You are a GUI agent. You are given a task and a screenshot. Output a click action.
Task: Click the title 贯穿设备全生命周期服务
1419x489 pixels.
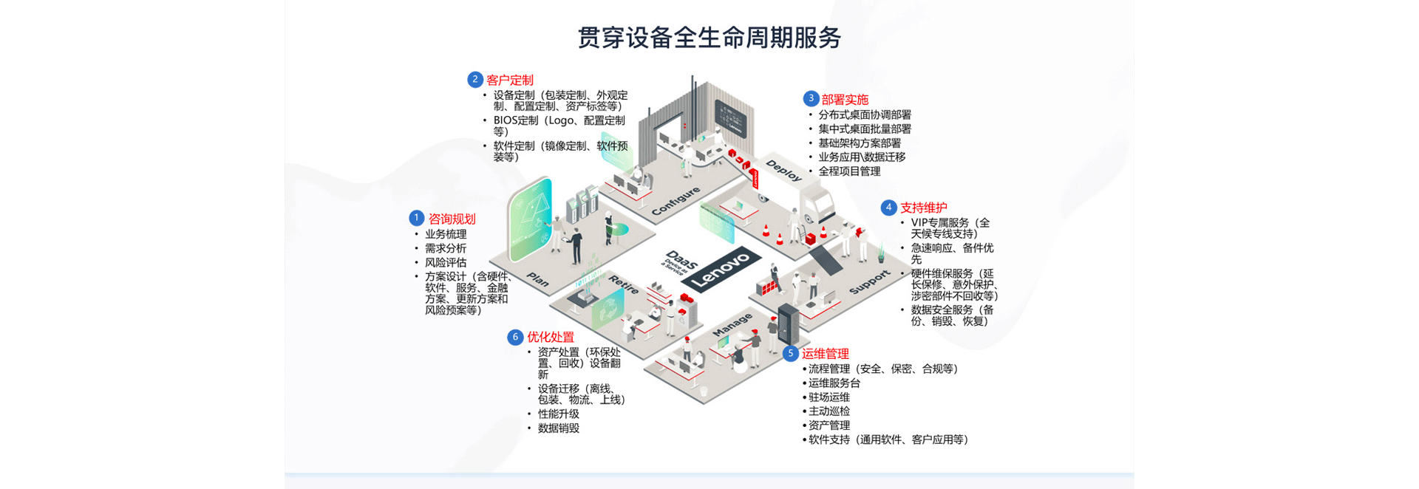point(709,38)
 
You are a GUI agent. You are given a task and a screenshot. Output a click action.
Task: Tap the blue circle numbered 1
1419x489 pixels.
point(416,218)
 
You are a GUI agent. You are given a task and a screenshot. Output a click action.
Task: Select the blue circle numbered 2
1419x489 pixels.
point(475,79)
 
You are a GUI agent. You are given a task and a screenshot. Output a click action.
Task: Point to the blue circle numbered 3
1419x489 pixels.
point(811,98)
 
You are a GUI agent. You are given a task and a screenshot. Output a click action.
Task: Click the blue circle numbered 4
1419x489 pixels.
point(888,208)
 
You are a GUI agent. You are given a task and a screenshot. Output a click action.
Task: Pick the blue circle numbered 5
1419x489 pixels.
point(790,353)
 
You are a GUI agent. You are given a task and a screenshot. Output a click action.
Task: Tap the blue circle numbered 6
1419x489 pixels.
point(515,337)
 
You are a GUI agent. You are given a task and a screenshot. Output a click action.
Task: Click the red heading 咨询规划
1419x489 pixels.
point(452,219)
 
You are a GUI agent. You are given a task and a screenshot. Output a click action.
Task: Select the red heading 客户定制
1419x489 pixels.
point(510,81)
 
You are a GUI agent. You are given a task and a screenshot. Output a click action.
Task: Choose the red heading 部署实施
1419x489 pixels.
point(845,100)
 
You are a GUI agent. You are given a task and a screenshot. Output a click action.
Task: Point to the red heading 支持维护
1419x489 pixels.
point(923,208)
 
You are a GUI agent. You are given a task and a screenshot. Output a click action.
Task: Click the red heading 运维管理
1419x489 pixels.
point(826,354)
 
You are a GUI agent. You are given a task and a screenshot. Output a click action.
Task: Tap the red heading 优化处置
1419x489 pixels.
point(551,338)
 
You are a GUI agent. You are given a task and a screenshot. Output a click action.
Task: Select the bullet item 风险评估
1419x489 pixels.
point(446,262)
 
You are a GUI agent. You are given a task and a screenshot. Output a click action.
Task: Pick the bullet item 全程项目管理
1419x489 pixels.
point(849,171)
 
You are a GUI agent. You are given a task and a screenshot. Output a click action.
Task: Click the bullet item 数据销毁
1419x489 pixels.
point(559,428)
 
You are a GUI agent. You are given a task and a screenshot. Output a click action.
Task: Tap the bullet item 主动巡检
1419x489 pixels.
point(829,411)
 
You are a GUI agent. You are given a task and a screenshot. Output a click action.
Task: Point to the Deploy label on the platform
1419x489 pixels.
point(783,171)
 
